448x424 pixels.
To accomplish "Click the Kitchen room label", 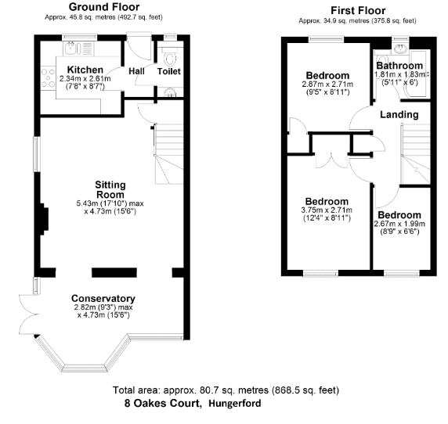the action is (85, 70).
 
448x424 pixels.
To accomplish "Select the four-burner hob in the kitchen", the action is (48, 78).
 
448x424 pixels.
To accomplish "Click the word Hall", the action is (136, 71).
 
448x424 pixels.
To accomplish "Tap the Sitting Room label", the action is (110, 190).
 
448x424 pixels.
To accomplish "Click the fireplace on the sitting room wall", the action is (44, 219).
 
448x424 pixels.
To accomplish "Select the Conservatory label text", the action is (103, 299).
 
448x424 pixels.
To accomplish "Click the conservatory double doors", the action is (29, 314).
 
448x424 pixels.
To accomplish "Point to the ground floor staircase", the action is (168, 154).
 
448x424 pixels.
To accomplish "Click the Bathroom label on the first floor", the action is (399, 66).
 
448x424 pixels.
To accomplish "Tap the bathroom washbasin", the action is (400, 49).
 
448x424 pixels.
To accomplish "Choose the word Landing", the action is (399, 115).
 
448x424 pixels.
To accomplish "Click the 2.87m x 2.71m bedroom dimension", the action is (327, 84).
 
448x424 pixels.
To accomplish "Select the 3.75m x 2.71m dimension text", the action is (327, 210).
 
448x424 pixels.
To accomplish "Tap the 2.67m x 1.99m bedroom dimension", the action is (399, 224).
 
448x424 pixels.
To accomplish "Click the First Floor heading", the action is (358, 10).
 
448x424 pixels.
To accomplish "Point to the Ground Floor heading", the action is (104, 7).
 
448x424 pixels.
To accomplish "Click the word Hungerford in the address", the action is (235, 404).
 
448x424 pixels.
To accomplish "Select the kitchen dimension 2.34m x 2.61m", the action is (85, 79).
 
